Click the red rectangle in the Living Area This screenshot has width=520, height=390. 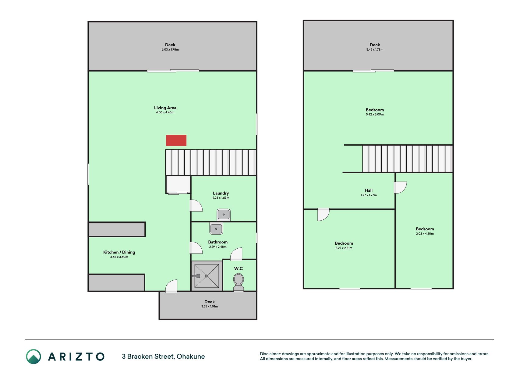pyautogui.click(x=176, y=140)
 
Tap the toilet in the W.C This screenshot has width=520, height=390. pyautogui.click(x=238, y=282)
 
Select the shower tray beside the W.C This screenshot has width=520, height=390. pyautogui.click(x=207, y=276)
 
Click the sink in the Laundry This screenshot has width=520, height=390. pyautogui.click(x=224, y=215)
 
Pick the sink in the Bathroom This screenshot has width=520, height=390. pyautogui.click(x=216, y=228)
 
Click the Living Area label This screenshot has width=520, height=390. pyautogui.click(x=165, y=108)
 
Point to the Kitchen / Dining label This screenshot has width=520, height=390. pyautogui.click(x=119, y=252)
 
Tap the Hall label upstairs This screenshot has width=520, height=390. pyautogui.click(x=369, y=190)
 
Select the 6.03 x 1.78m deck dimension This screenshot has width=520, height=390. pyautogui.click(x=170, y=50)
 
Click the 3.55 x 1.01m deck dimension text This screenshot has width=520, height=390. pyautogui.click(x=210, y=307)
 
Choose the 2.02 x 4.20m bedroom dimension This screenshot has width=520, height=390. pyautogui.click(x=425, y=234)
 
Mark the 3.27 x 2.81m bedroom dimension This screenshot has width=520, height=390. pyautogui.click(x=344, y=248)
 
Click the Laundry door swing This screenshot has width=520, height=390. pyautogui.click(x=196, y=206)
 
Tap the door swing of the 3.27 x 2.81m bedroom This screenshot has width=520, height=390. pyautogui.click(x=324, y=214)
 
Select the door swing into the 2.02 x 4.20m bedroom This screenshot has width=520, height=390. pyautogui.click(x=400, y=188)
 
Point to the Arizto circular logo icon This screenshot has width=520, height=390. pyautogui.click(x=34, y=356)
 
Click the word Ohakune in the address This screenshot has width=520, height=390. pyautogui.click(x=191, y=356)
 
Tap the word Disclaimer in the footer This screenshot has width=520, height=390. pyautogui.click(x=270, y=354)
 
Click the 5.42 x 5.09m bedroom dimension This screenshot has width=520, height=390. pyautogui.click(x=375, y=115)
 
